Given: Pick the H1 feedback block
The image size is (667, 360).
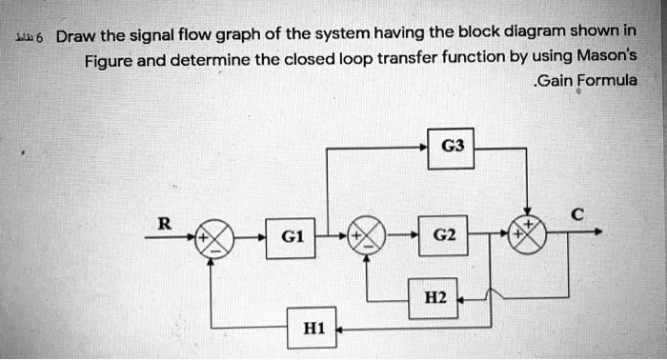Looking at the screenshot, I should tap(314, 329).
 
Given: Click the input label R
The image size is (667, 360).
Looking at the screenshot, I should tap(164, 225).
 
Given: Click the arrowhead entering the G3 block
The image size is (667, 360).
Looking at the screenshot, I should tap(424, 147).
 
